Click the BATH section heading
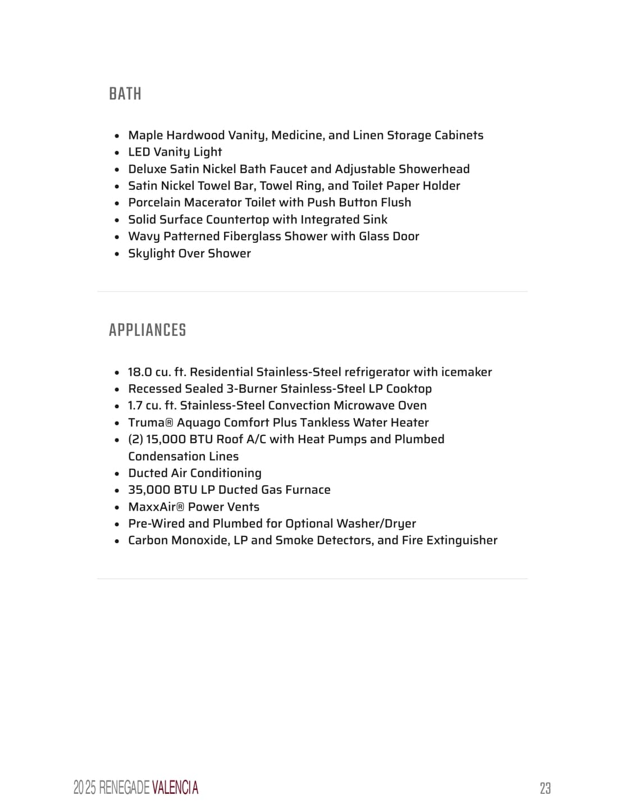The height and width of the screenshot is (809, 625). pyautogui.click(x=125, y=94)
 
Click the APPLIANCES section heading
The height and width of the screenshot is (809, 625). pyautogui.click(x=147, y=330)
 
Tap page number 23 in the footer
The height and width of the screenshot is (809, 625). pyautogui.click(x=545, y=788)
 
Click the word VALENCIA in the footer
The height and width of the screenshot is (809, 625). pyautogui.click(x=175, y=788)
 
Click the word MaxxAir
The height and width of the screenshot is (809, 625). pyautogui.click(x=153, y=507)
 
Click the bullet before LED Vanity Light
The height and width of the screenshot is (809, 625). pyautogui.click(x=117, y=153)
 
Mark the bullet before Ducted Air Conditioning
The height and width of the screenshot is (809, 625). pyautogui.click(x=117, y=474)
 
